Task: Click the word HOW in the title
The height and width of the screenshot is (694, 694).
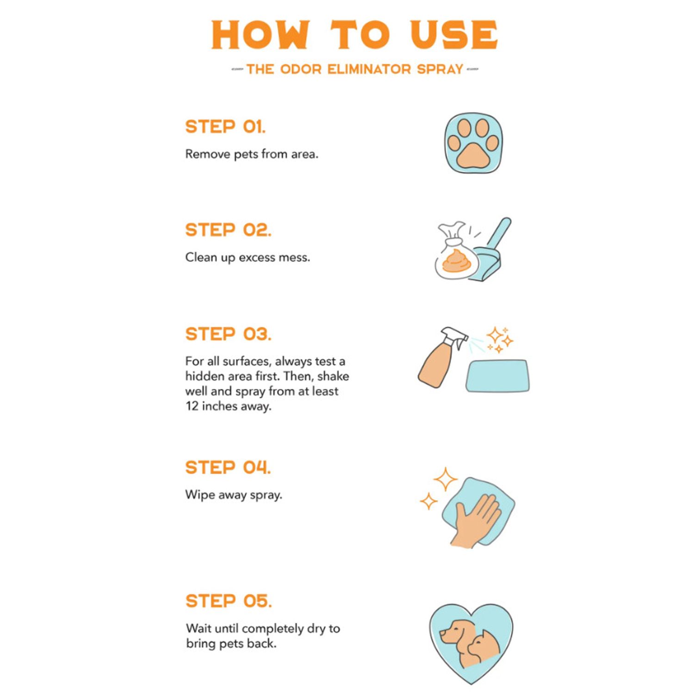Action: pyautogui.click(x=260, y=35)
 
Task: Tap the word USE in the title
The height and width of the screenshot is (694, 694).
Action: pyautogui.click(x=454, y=35)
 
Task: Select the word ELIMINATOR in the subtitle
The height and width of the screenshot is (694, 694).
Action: pyautogui.click(x=369, y=69)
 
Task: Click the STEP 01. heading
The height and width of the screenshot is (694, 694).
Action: pyautogui.click(x=225, y=127)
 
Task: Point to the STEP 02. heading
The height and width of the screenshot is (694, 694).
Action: pyautogui.click(x=228, y=230)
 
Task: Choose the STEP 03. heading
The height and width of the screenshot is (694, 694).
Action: pyautogui.click(x=228, y=334)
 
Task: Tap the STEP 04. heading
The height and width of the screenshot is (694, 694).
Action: pyautogui.click(x=228, y=468)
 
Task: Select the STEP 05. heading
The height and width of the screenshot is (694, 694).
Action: pyautogui.click(x=229, y=601)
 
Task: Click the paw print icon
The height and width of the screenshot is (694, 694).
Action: pyautogui.click(x=473, y=143)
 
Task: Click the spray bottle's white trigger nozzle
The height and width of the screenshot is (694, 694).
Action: pyautogui.click(x=455, y=337)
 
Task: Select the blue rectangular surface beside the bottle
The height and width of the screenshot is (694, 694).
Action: pyautogui.click(x=497, y=376)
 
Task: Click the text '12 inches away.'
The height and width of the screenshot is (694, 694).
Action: pyautogui.click(x=229, y=406)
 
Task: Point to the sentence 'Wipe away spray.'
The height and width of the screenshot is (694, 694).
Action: pyautogui.click(x=234, y=495)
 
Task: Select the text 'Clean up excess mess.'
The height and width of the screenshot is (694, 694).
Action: pyautogui.click(x=248, y=257)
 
